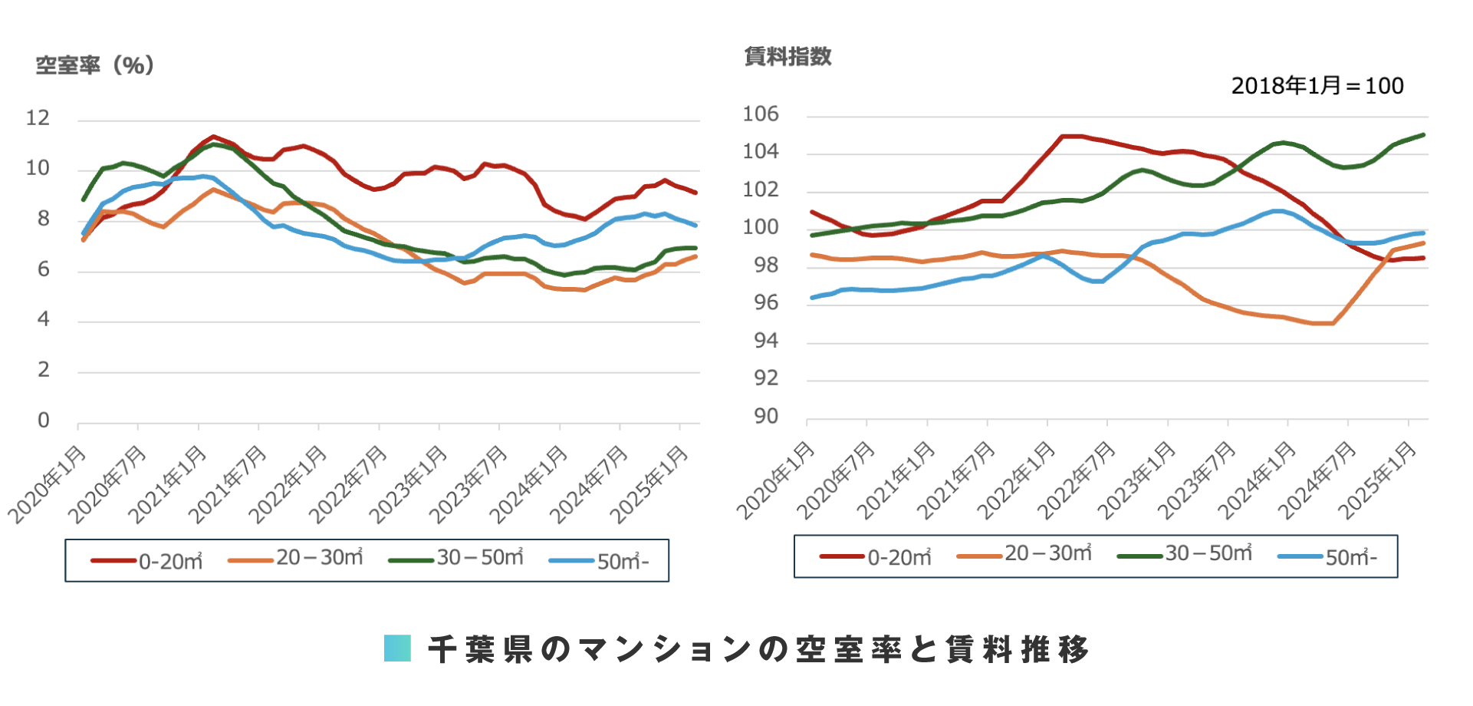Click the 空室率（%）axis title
(x=95, y=65)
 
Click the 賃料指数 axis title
(x=787, y=56)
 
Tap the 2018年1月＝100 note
(x=1317, y=86)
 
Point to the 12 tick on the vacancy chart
(x=38, y=118)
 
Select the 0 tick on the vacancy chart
(x=44, y=421)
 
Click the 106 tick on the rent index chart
(x=760, y=114)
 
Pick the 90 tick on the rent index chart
(x=765, y=416)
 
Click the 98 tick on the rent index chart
(x=765, y=266)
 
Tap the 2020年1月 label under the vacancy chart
(x=48, y=485)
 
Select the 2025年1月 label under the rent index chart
(x=1377, y=481)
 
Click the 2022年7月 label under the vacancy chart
(x=348, y=485)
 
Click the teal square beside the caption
(x=397, y=648)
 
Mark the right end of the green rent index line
(x=1424, y=135)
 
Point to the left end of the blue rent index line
(x=812, y=298)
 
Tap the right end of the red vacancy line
(x=695, y=193)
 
